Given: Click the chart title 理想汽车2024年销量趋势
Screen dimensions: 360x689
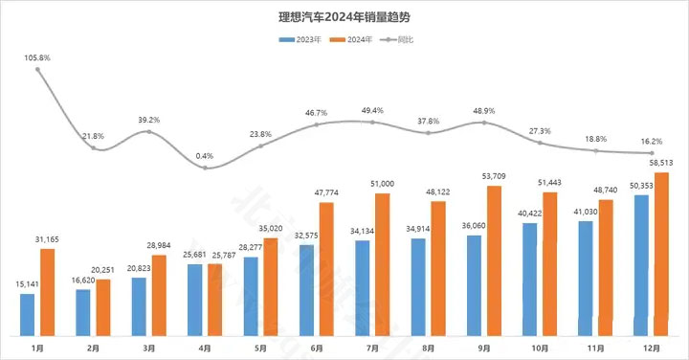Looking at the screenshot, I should coord(345,16).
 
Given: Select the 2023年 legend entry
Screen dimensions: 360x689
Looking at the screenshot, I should coord(300,39).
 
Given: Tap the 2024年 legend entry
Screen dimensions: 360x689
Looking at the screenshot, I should coord(350,39).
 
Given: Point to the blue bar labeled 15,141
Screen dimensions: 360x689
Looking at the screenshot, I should coord(28,315).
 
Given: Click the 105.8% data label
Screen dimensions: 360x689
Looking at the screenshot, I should coord(37,59).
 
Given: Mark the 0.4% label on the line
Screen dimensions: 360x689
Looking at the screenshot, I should coord(205,156).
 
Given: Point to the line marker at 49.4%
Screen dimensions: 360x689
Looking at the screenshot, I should coord(372,122).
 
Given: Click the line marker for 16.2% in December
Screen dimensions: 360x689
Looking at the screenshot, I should coord(652,153).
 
